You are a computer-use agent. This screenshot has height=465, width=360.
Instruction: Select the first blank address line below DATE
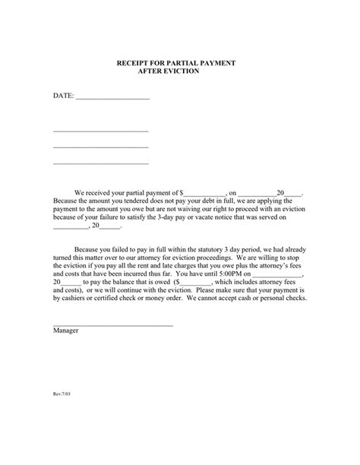(x=100, y=130)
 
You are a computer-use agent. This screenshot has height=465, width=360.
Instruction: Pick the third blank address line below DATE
(x=100, y=163)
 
